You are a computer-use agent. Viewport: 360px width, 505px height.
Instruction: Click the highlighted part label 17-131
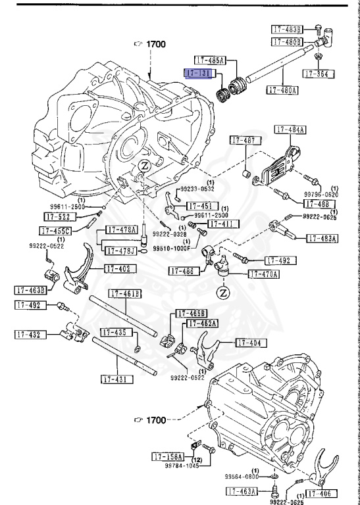(198, 72)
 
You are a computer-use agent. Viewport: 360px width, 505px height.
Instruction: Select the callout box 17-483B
(288, 29)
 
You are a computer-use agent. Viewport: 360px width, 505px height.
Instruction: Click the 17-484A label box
(290, 130)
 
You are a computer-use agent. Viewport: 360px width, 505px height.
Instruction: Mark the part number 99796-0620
(321, 194)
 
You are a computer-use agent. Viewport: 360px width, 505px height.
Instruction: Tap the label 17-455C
(55, 231)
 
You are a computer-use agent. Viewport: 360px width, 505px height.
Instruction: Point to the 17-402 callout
(120, 269)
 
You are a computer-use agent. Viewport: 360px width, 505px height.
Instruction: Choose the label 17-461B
(125, 294)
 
